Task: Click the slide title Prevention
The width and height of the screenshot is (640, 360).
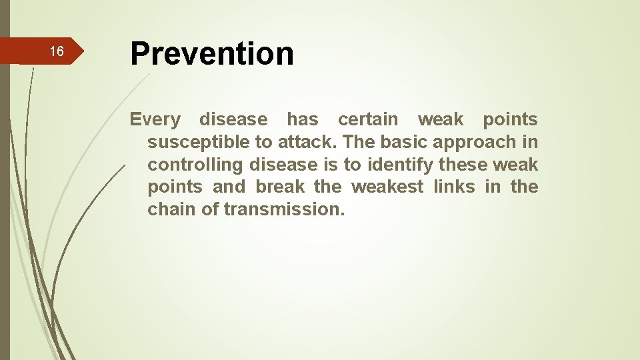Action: click(x=211, y=53)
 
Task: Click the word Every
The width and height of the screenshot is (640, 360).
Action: click(x=155, y=120)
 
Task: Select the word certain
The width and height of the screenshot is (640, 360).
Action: click(x=368, y=120)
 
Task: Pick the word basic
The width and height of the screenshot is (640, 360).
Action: click(x=407, y=143)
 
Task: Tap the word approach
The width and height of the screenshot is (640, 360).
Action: click(x=475, y=143)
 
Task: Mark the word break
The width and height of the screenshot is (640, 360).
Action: click(x=280, y=187)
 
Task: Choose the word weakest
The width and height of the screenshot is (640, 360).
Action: click(x=387, y=187)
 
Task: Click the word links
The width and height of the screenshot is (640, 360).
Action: click(x=453, y=187)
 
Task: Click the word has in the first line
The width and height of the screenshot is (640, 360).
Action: click(x=302, y=120)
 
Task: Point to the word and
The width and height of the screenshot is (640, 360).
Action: click(x=229, y=187)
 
